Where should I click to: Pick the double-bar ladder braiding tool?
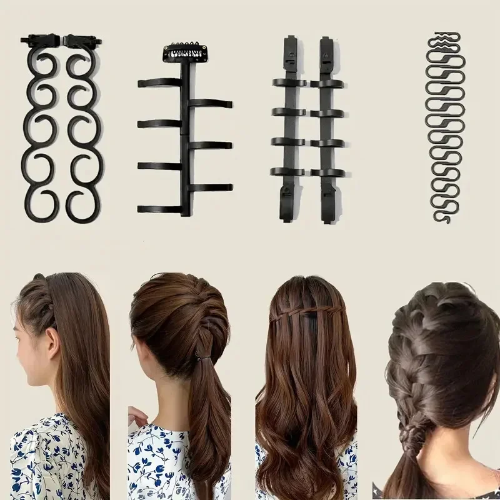tap(307, 128)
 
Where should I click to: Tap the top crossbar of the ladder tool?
tap(307, 82)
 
